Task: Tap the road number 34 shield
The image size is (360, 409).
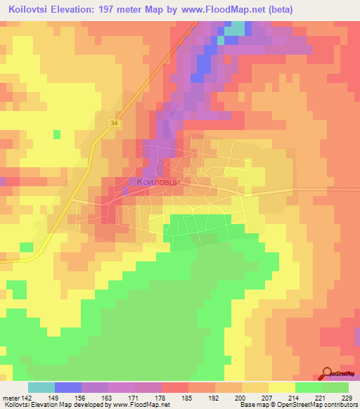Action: pyautogui.click(x=113, y=122)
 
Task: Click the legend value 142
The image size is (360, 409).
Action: pyautogui.click(x=28, y=398)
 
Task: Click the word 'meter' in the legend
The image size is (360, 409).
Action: pyautogui.click(x=11, y=398)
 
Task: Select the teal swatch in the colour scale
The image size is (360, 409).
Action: pyautogui.click(x=41, y=387)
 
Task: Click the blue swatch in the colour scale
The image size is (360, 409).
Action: pyautogui.click(x=68, y=387)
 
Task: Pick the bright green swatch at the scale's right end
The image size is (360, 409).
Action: pyautogui.click(x=335, y=387)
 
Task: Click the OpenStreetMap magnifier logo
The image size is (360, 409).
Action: pyautogui.click(x=328, y=373)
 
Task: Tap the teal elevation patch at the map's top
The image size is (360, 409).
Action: pyautogui.click(x=236, y=29)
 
